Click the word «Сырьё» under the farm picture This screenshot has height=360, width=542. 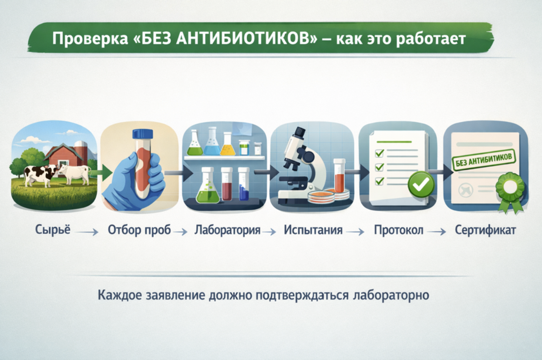click(53, 229)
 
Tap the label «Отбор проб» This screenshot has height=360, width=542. click(139, 230)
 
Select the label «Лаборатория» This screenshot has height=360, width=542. click(227, 230)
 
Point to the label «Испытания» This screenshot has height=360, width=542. click(313, 230)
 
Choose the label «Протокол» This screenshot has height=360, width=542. click(398, 230)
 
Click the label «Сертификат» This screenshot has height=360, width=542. click(485, 230)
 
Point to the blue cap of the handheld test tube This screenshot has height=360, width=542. click(143, 133)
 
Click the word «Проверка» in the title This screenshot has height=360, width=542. click(90, 39)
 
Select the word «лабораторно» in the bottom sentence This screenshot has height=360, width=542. click(391, 295)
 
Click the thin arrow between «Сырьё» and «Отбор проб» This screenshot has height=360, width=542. click(87, 232)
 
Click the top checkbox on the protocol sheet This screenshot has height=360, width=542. click(380, 153)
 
